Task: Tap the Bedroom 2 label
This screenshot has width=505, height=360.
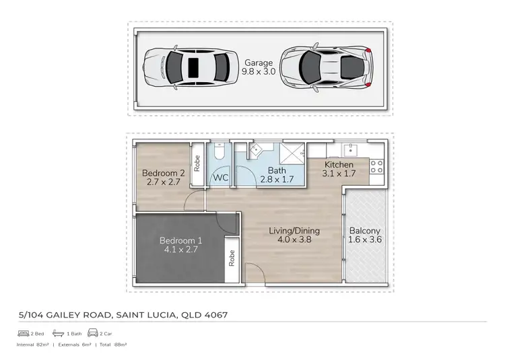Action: pos(163,173)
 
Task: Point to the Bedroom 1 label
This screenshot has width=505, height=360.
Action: pos(180,241)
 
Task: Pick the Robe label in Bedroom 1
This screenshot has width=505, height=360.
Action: pos(231,258)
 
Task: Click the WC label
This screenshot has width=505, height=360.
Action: pos(220,178)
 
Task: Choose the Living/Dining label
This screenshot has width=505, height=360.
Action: pos(294,231)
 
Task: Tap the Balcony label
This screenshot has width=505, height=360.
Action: pos(364,231)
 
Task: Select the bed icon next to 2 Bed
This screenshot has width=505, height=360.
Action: pos(22,334)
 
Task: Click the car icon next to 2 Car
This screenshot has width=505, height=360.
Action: pos(92,334)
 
